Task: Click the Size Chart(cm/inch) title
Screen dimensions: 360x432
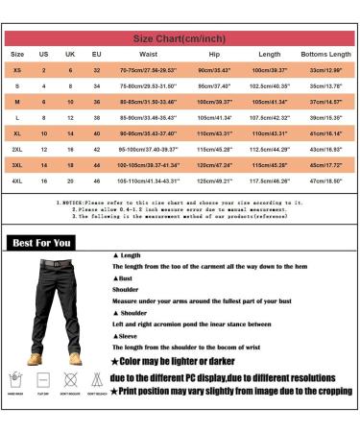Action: point(180,39)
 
